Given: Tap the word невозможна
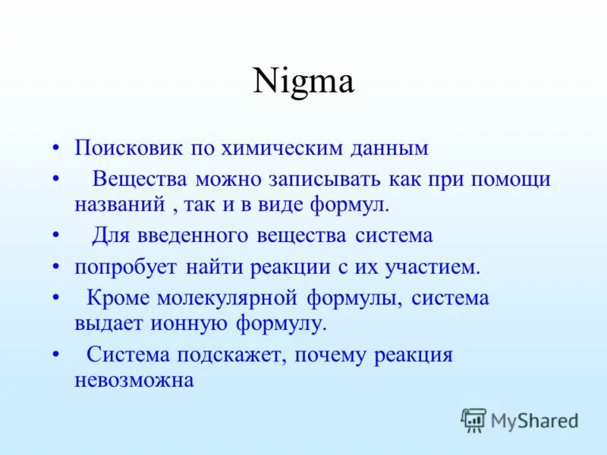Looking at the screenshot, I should point(134,378).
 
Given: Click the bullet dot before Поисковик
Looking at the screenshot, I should point(55,148).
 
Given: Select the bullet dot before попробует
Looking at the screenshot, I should point(55,268).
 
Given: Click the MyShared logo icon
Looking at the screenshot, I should point(473,419).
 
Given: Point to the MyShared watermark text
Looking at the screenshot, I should point(534,419).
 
